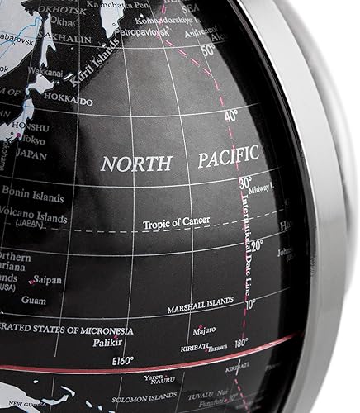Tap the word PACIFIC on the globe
pos(229,155)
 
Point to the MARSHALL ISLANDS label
pos(201,310)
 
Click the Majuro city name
pos(203,330)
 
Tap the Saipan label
pos(48,280)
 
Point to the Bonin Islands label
pos(33,191)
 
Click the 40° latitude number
pos(229,116)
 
